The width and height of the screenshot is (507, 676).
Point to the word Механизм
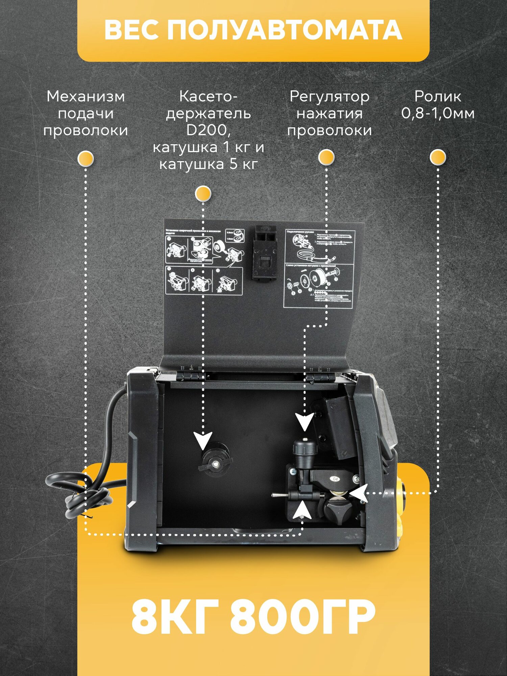click(x=86, y=96)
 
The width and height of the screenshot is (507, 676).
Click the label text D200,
click(x=208, y=130)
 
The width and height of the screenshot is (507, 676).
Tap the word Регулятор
click(x=329, y=96)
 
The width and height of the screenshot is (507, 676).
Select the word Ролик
click(x=438, y=96)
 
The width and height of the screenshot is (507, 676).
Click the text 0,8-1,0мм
click(x=438, y=113)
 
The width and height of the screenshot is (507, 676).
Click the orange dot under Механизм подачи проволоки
click(x=86, y=158)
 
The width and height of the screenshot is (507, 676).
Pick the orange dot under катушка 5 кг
click(x=203, y=193)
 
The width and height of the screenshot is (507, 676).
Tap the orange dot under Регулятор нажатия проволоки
click(x=327, y=157)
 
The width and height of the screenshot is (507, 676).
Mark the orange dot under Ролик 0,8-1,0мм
click(x=438, y=157)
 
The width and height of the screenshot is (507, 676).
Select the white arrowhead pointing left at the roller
click(x=359, y=493)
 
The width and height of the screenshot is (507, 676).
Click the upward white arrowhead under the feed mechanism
click(x=302, y=510)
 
